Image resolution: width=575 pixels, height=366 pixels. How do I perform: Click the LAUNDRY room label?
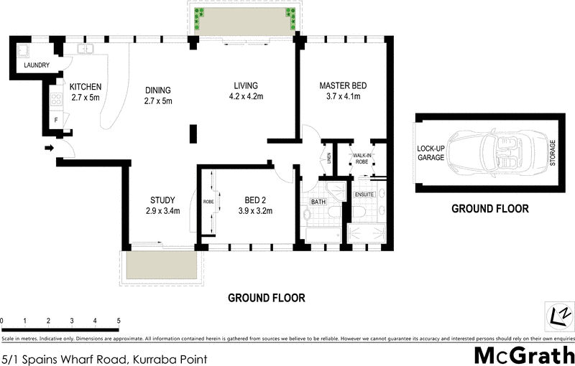pos(37,65)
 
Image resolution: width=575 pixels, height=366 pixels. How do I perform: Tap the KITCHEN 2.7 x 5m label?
pos(84,92)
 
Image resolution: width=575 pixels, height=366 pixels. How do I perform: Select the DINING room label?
pos(158,95)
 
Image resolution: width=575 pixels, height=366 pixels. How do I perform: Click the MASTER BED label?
pos(343,91)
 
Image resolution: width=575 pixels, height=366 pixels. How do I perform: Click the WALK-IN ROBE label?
pos(361,159)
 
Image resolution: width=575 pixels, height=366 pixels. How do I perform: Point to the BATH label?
pos(318,202)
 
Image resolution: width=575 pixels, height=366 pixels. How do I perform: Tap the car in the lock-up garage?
pos(486,153)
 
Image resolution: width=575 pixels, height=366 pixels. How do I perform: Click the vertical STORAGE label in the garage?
pos(552,153)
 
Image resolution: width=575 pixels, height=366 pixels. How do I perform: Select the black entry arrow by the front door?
pos(49,149)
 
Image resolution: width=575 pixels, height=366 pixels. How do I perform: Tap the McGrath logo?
pos(523,355)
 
